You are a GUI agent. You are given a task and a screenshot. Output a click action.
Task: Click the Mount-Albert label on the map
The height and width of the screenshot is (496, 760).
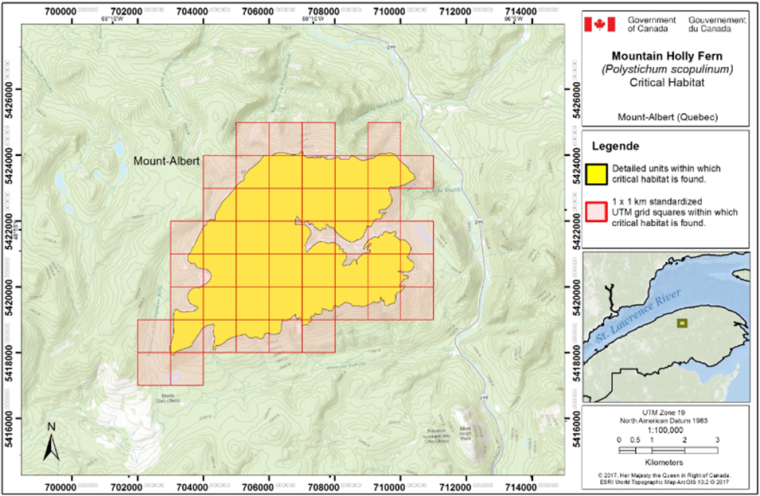click(x=166, y=162)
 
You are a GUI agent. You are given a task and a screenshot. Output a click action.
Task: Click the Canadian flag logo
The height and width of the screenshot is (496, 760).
click(x=600, y=25)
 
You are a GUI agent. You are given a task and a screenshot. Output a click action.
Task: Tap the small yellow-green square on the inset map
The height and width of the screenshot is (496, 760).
click(x=681, y=323)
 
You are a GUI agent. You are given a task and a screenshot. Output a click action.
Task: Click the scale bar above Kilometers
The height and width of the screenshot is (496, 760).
click(x=668, y=451)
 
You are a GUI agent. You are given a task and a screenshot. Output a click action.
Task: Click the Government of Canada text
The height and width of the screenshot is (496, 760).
click(x=652, y=25)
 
